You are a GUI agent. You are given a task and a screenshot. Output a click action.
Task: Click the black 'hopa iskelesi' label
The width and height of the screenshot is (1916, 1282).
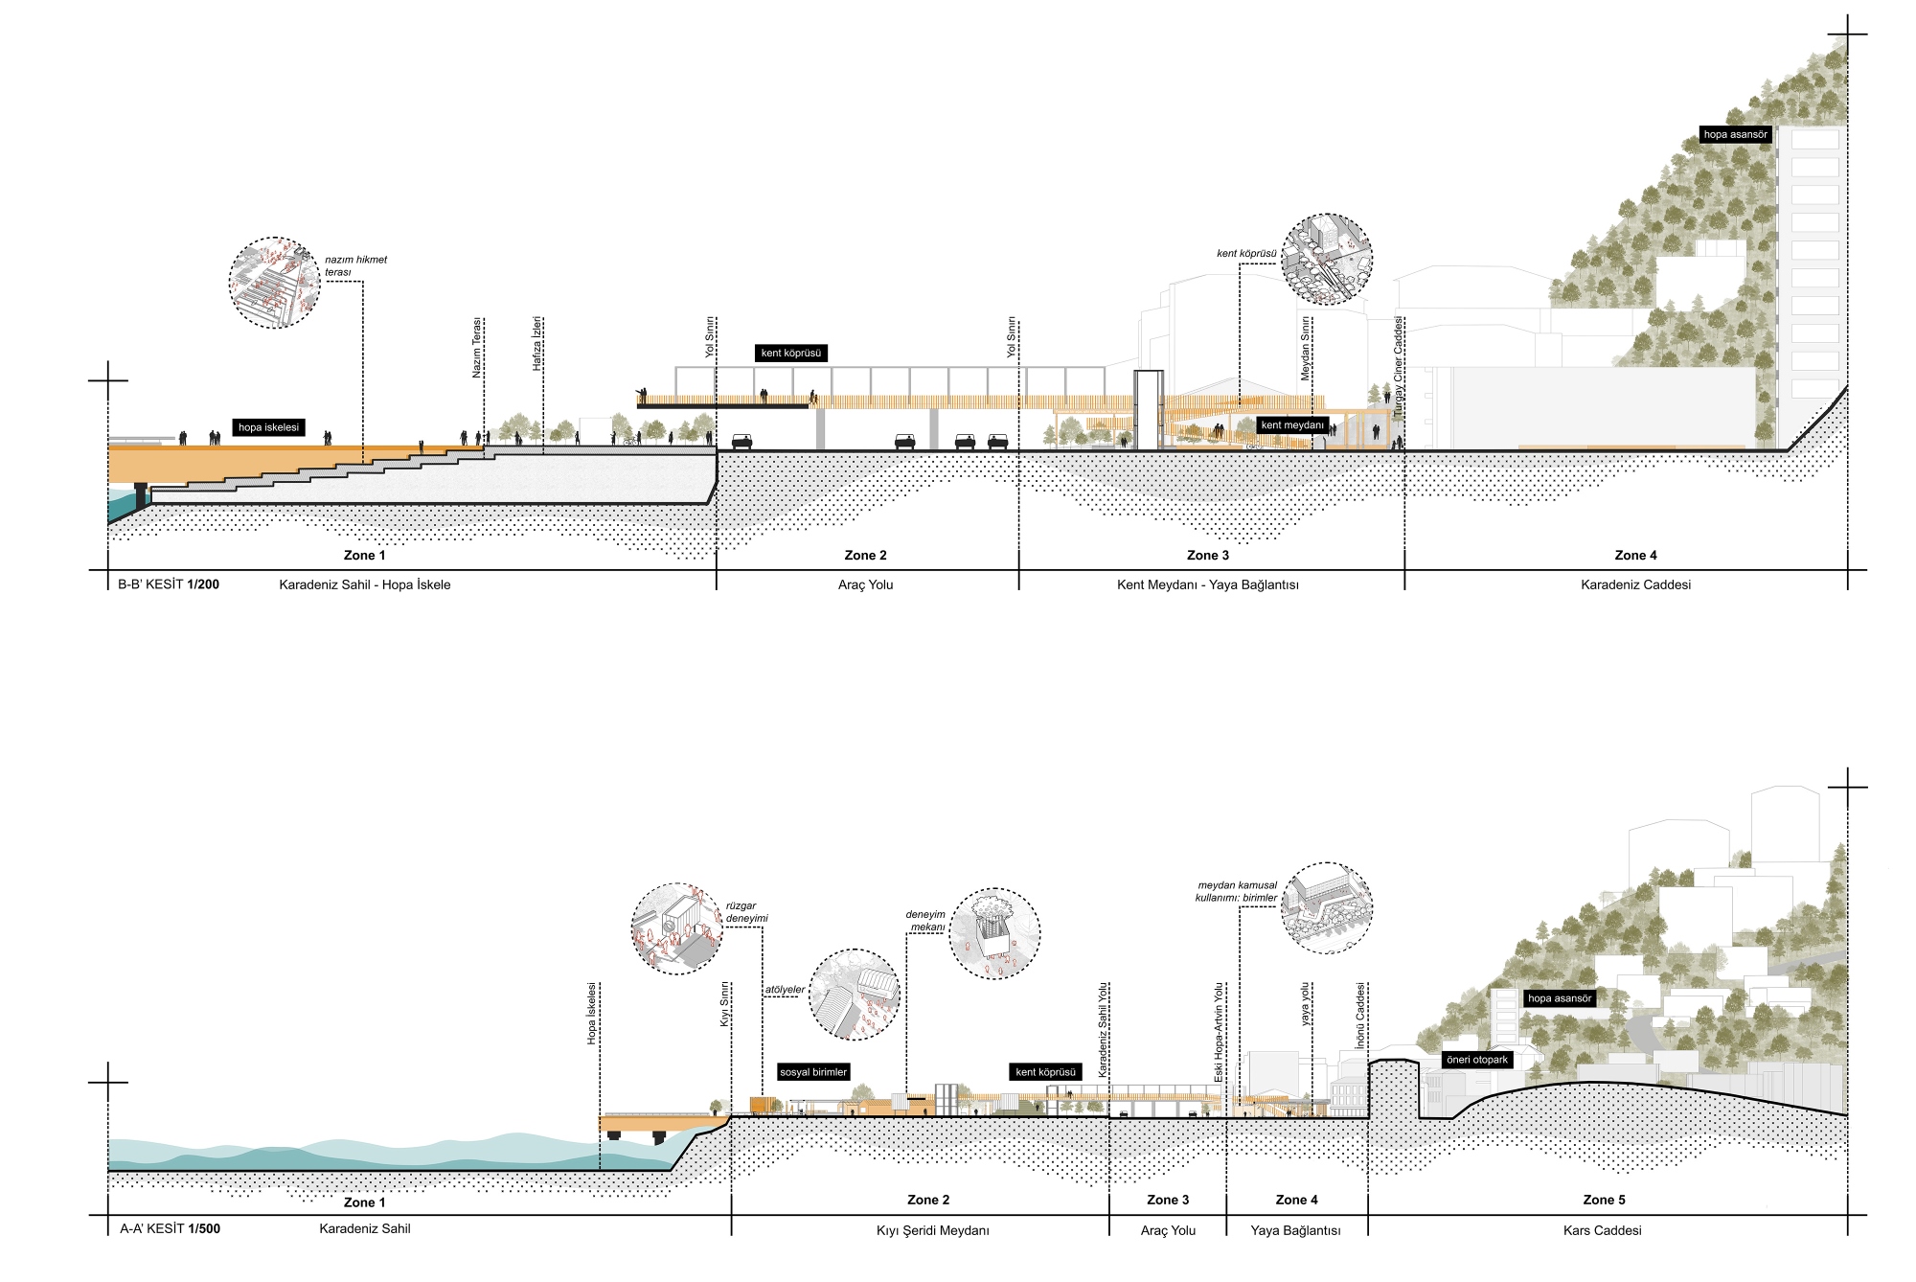pos(269,427)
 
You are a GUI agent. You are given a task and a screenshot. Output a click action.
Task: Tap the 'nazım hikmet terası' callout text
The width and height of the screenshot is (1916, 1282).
pos(355,266)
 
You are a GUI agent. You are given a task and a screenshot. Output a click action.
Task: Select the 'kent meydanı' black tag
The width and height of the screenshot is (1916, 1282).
pos(1292,425)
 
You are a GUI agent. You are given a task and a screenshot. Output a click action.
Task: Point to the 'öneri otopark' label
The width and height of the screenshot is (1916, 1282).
pos(1477,1060)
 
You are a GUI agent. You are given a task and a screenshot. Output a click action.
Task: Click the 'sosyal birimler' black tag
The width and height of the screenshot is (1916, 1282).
pos(813,1072)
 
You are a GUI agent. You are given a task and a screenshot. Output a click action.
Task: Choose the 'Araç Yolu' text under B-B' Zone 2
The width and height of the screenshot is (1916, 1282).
pos(865,584)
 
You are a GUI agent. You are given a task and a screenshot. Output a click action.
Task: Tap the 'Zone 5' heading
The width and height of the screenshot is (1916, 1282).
pos(1604,1200)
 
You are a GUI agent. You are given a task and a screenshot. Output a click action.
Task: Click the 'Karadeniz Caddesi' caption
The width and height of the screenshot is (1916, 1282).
pos(1635,584)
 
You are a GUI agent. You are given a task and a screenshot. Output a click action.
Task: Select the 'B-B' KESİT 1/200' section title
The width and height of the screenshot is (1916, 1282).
pos(169,584)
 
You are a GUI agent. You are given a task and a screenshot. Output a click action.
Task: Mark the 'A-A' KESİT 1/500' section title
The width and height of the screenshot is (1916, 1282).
pos(170,1228)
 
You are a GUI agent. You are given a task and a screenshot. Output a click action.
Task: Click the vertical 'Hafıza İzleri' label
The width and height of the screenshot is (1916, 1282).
pos(538,344)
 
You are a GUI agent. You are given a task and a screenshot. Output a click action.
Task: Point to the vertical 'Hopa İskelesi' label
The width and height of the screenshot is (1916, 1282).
pos(592,1013)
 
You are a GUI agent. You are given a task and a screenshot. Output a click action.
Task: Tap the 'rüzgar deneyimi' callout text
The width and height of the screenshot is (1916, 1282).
pos(746,912)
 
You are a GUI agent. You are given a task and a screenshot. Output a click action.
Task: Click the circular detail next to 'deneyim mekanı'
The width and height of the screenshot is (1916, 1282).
pos(994,934)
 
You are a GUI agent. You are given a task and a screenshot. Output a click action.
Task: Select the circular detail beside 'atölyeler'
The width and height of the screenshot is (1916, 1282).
pos(855,995)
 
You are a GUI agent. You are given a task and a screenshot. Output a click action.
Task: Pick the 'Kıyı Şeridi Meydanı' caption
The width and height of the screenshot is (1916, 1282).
pos(933,1231)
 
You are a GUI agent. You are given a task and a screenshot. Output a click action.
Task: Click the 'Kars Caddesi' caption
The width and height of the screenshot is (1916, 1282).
pos(1602,1230)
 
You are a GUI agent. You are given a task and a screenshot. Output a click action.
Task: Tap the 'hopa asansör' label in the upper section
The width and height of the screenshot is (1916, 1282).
pos(1735,135)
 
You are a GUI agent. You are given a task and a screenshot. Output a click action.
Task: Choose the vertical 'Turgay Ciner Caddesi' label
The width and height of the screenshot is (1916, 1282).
pos(1398,365)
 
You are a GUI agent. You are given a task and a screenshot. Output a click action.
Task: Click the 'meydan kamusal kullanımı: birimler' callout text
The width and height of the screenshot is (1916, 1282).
pos(1237,892)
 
